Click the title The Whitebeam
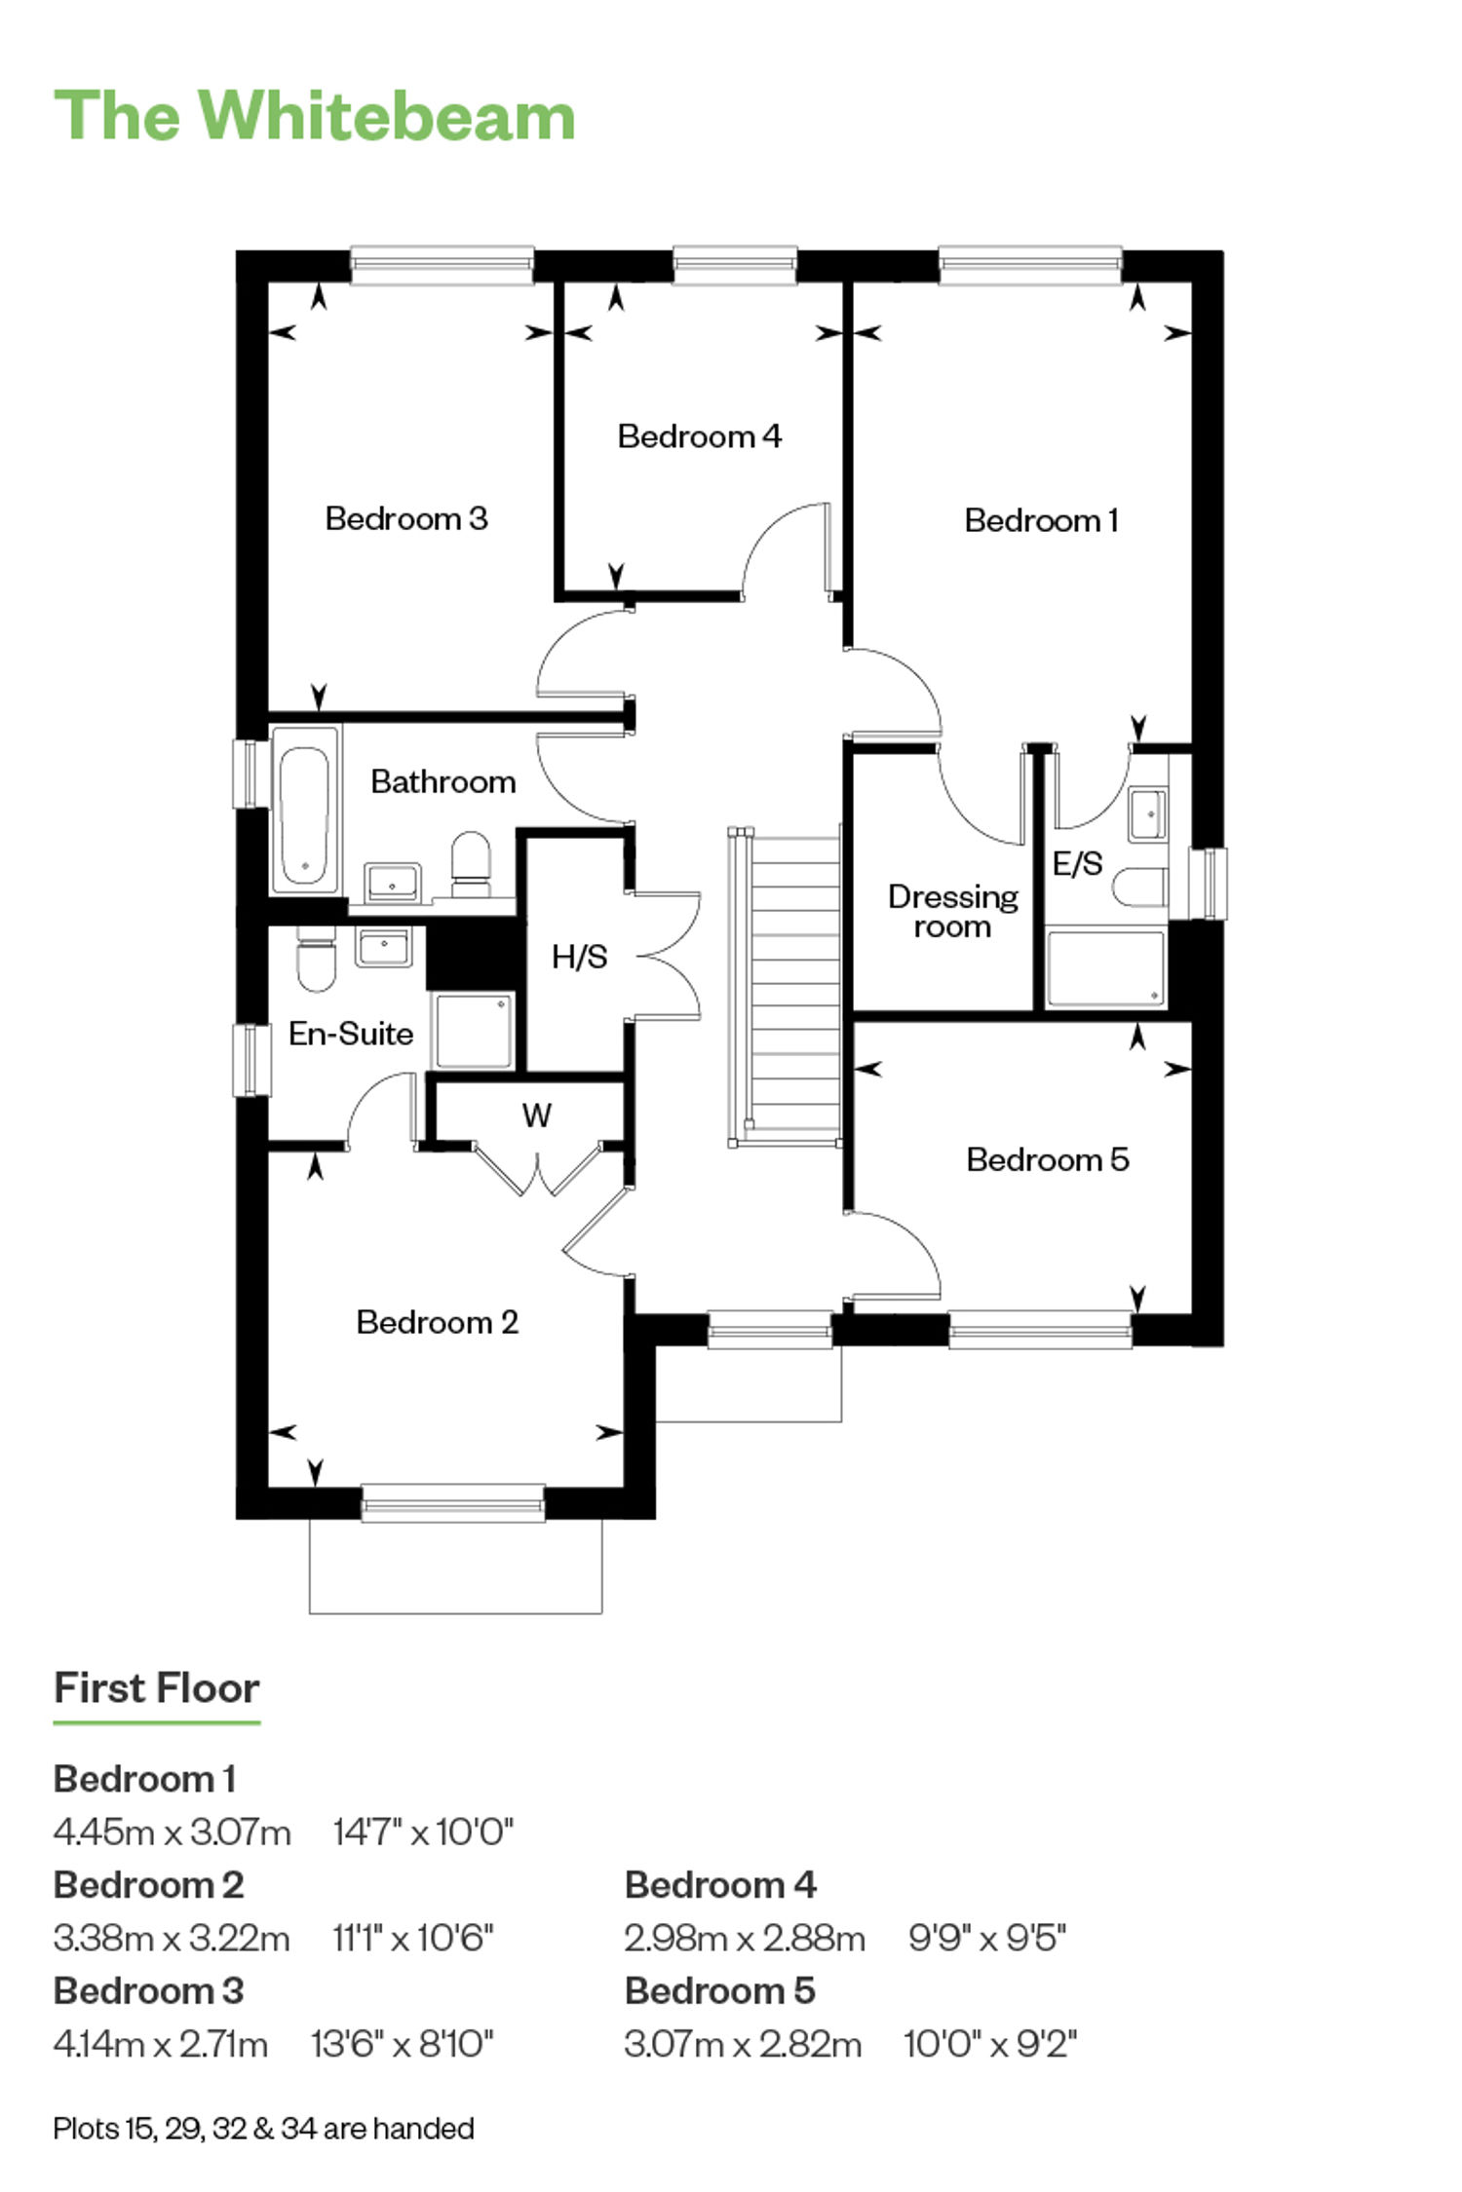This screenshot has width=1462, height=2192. coord(314,116)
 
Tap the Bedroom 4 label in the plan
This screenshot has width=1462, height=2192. coord(699,435)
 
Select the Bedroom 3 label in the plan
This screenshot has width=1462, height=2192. coord(406,517)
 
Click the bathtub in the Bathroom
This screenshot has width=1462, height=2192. coord(305,809)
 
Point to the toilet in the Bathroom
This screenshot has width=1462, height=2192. coord(472,863)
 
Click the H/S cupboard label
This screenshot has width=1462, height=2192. coord(579,957)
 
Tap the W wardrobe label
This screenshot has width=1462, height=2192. coord(537,1115)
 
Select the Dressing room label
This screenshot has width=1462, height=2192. coord(952,911)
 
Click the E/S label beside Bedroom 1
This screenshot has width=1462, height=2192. coord(1077,862)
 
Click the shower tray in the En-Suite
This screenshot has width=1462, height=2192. coord(474,1031)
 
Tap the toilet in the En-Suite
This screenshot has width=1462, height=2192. coord(316,958)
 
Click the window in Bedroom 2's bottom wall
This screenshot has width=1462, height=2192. coord(453,1502)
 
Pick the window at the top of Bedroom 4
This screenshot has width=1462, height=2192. coord(735,265)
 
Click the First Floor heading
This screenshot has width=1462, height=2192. coord(156,1688)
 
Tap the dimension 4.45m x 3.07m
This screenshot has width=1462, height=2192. coord(173,1833)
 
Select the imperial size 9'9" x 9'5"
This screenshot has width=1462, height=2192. coord(986,1939)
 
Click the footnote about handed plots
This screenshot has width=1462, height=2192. coord(263,2128)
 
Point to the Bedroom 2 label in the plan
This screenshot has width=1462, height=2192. coord(437,1322)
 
